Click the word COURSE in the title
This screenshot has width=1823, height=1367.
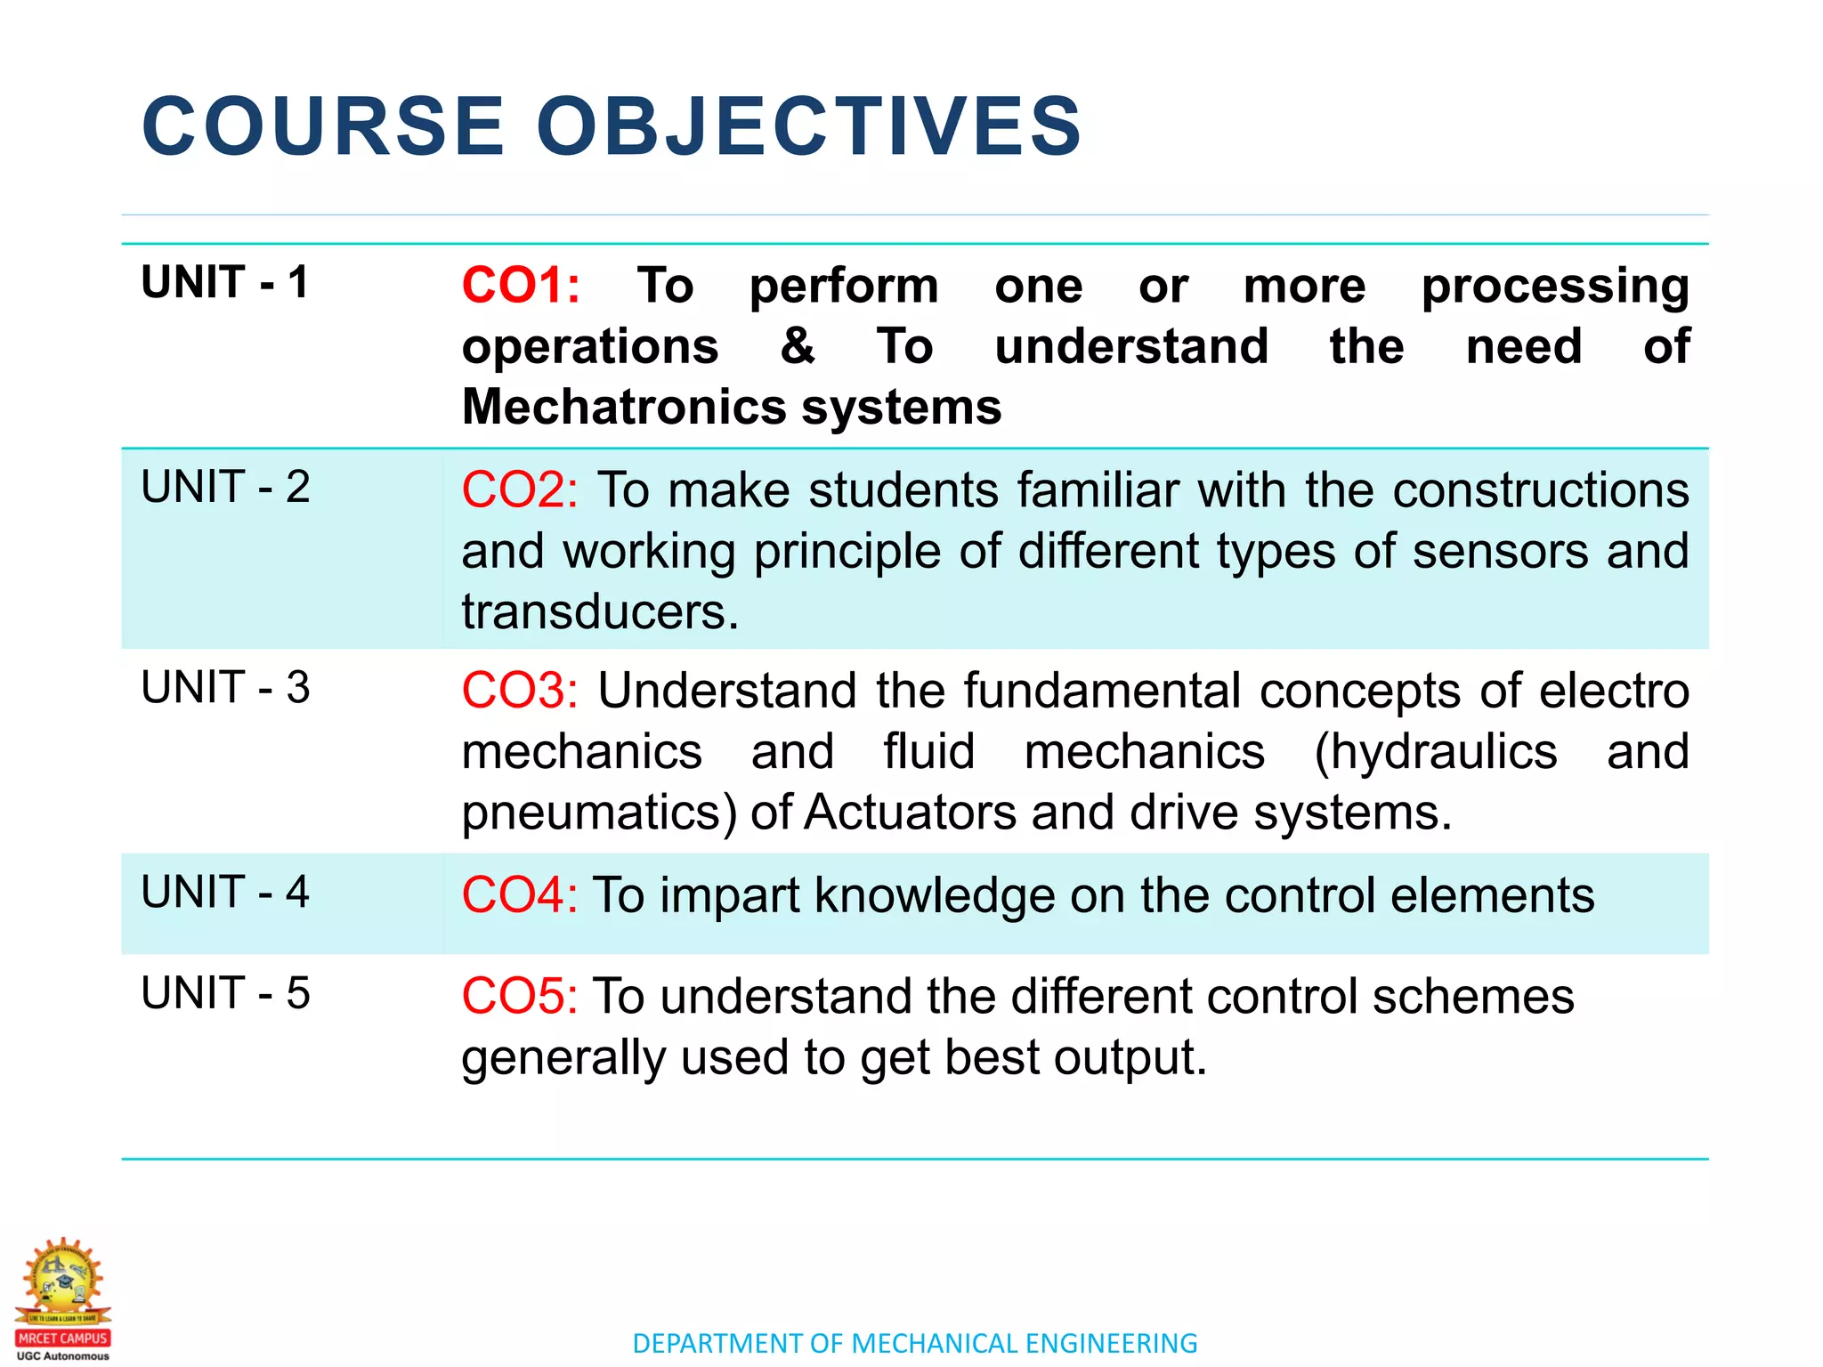click(323, 126)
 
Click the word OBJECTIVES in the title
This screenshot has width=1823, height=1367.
click(808, 126)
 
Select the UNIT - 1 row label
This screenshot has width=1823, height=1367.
click(224, 282)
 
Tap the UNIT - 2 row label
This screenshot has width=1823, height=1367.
click(225, 487)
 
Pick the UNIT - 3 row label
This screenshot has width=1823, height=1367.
click(225, 687)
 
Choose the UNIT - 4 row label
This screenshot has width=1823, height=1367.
click(225, 892)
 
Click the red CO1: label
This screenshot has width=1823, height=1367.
click(521, 286)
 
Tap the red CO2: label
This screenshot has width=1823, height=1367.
click(520, 490)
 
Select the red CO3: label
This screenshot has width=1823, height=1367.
click(520, 691)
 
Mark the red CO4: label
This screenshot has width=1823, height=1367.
click(519, 895)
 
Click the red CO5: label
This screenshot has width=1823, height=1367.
click(519, 996)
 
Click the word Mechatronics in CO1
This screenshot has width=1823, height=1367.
click(623, 407)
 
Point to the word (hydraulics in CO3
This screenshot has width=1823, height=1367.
click(1436, 752)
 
